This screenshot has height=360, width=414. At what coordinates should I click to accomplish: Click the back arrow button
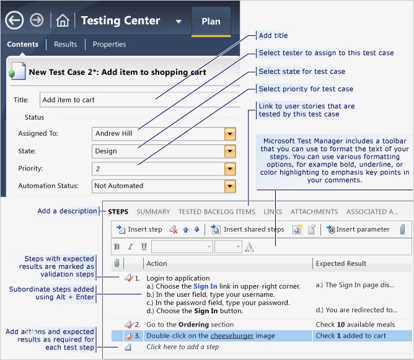[x=14, y=20]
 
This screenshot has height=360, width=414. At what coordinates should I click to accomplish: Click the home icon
[x=63, y=20]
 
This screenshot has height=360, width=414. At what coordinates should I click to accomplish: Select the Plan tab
[x=211, y=22]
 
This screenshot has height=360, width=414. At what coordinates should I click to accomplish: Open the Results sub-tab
[x=65, y=44]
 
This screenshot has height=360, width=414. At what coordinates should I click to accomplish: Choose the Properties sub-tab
[x=109, y=44]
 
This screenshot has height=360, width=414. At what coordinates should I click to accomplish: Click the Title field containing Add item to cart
[x=140, y=100]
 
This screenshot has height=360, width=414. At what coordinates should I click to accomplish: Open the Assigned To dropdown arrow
[x=230, y=134]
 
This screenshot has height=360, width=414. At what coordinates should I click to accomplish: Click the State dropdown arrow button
[x=230, y=151]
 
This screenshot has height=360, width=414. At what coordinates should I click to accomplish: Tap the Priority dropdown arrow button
[x=230, y=169]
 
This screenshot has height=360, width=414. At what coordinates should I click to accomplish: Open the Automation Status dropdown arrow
[x=230, y=186]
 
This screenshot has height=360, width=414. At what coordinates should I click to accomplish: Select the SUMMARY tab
[x=153, y=212]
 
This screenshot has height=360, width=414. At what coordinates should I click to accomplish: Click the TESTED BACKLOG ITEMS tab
[x=217, y=212]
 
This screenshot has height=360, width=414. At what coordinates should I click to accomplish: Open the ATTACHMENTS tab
[x=314, y=212]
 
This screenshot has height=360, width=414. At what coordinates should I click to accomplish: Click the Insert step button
[x=139, y=229]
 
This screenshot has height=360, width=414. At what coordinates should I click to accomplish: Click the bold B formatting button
[x=117, y=247]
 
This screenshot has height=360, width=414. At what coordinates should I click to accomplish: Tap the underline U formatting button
[x=144, y=247]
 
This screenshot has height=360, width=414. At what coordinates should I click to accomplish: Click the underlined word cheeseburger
[x=232, y=336]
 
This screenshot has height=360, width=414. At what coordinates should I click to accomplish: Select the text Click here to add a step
[x=183, y=347]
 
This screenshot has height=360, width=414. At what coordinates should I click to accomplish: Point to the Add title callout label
[x=273, y=35]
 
